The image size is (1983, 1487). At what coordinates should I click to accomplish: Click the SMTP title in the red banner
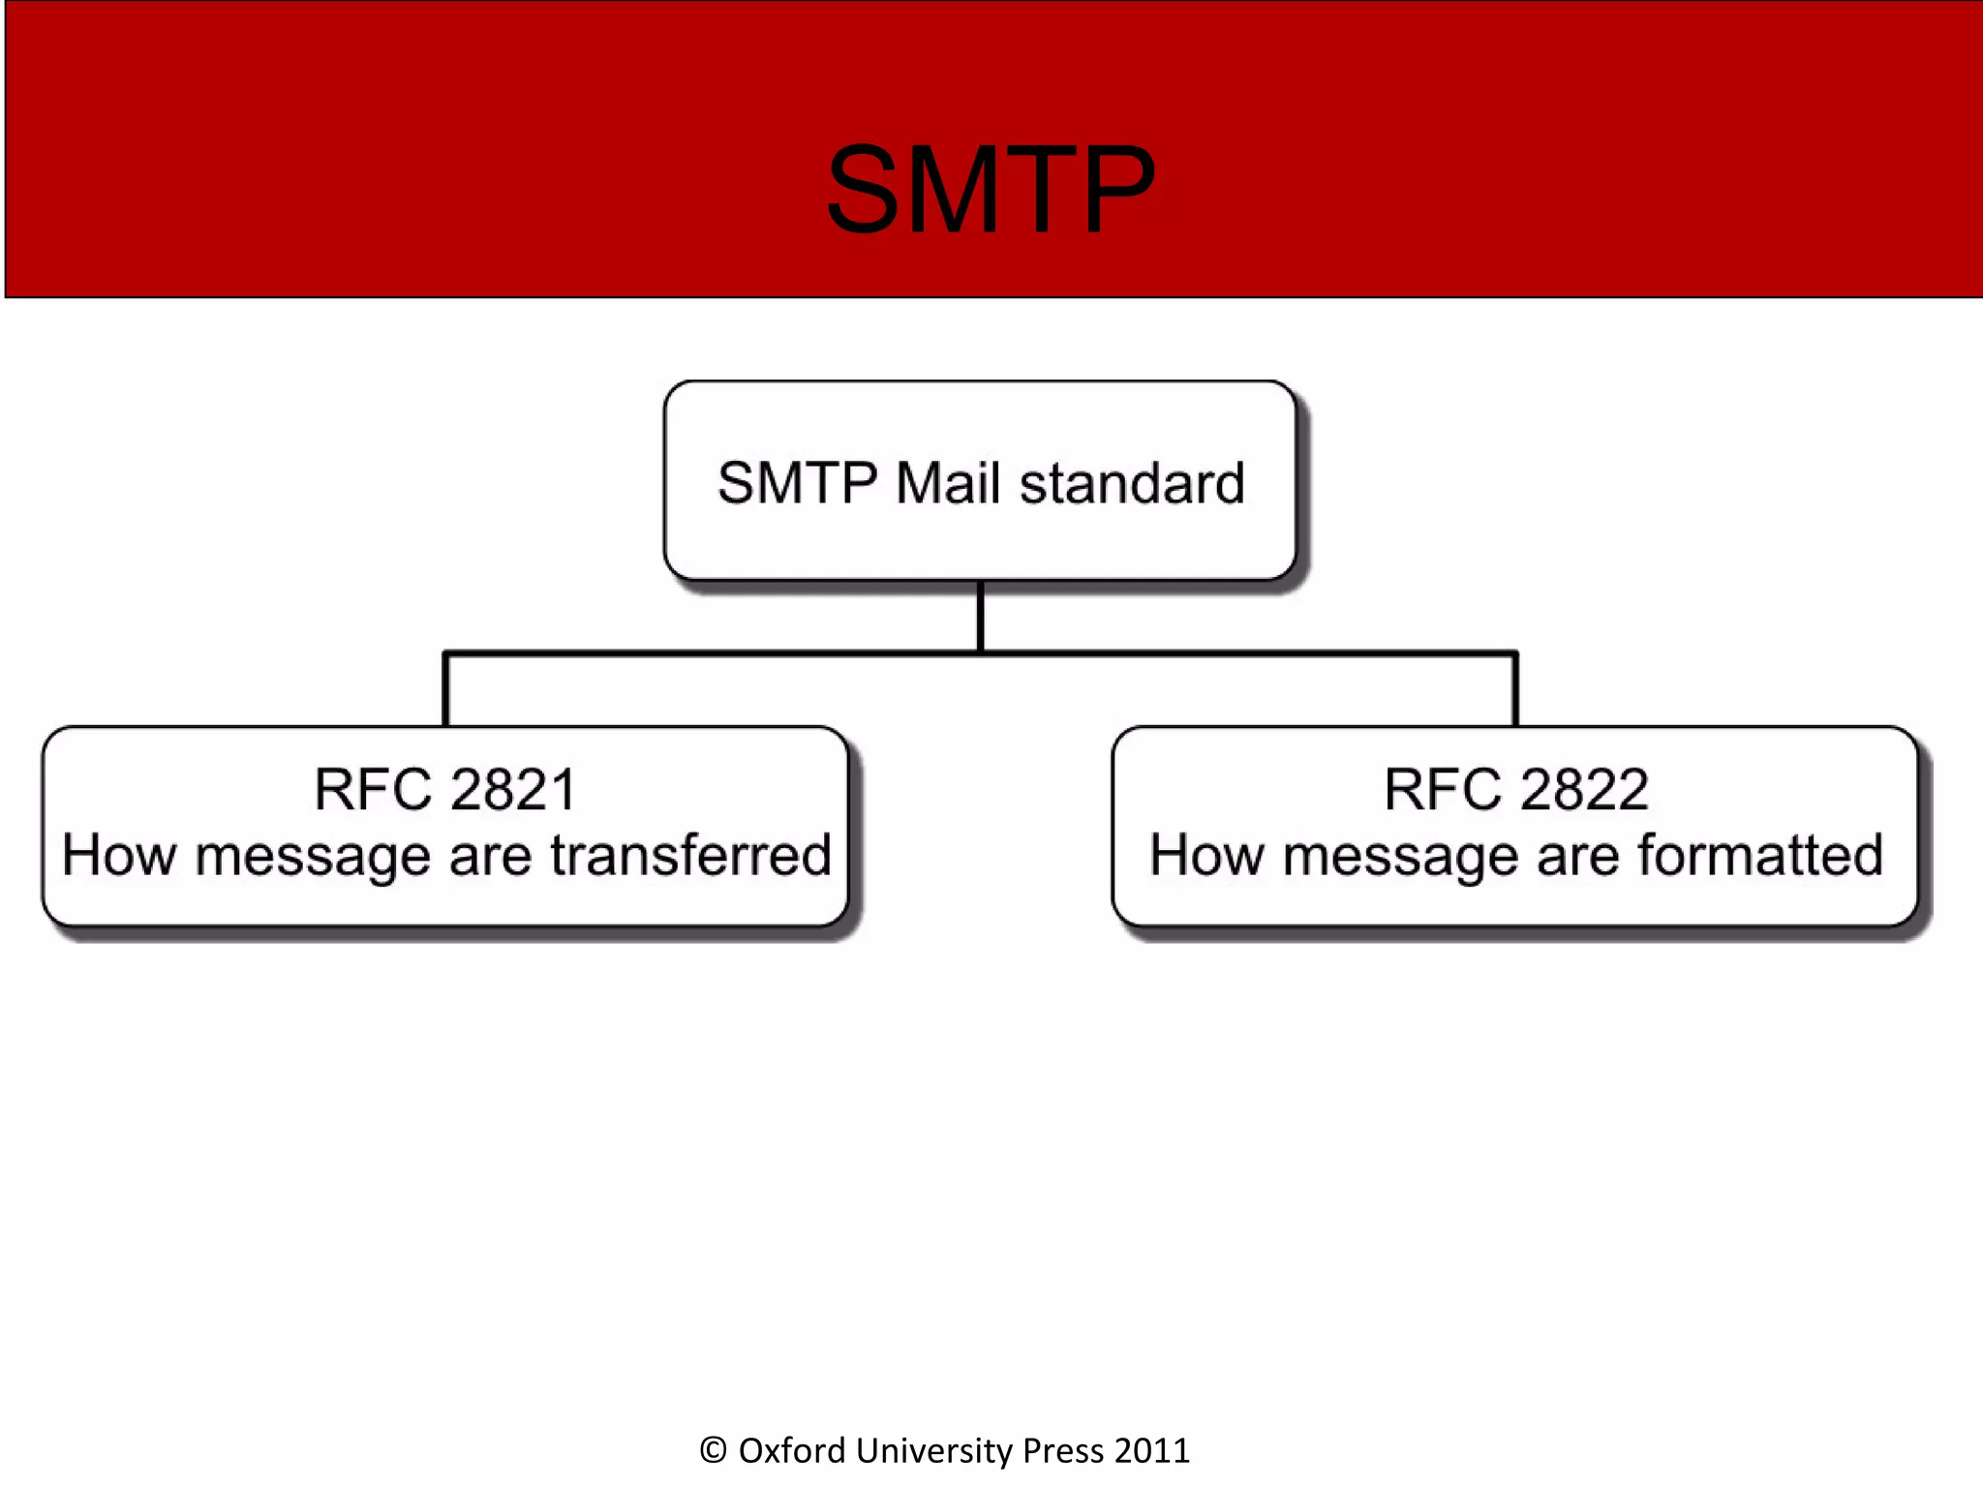(x=991, y=190)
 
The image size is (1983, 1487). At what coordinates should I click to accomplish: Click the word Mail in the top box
(x=947, y=483)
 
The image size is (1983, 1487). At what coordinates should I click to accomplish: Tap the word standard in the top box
(x=1132, y=483)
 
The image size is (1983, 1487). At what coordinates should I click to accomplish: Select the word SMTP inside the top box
(x=797, y=483)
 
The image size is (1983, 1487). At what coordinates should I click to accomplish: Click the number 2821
(x=513, y=789)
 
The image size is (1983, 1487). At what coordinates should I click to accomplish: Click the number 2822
(x=1583, y=789)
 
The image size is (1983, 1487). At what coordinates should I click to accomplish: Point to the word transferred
(x=690, y=855)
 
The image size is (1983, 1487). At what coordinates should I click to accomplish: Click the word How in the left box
(x=119, y=855)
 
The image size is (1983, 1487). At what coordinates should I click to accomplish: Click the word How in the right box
(x=1206, y=855)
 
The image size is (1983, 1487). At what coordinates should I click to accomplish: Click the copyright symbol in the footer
(x=713, y=1450)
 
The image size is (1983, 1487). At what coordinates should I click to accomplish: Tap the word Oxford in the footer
(x=792, y=1450)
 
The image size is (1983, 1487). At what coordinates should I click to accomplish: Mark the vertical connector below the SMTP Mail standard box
(x=980, y=617)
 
